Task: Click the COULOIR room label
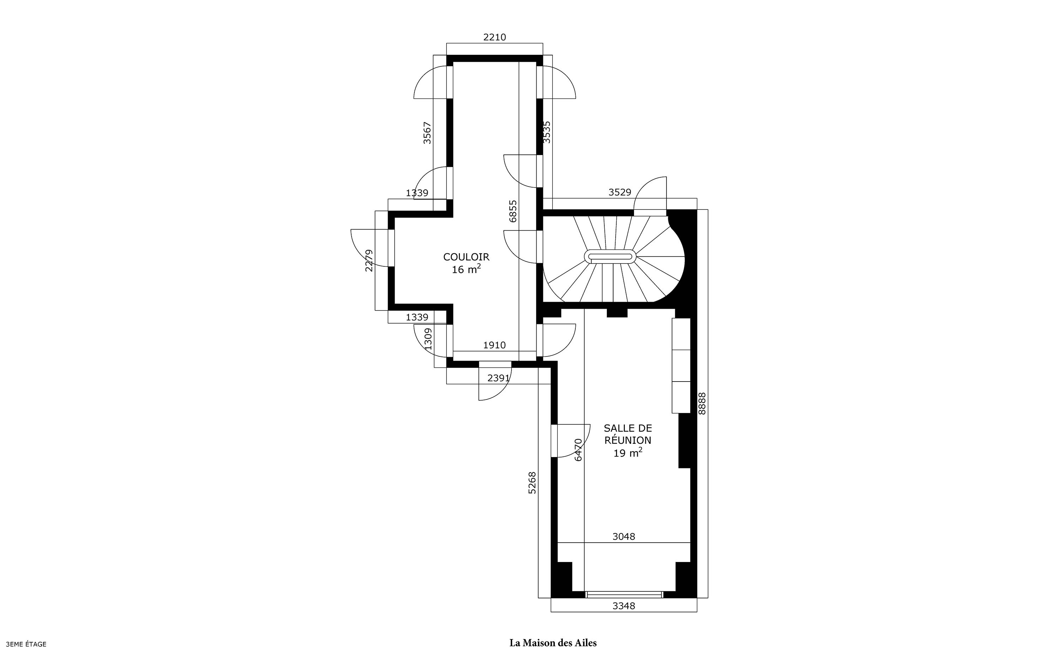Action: (466, 257)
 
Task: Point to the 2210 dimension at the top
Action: (495, 37)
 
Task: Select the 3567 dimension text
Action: (427, 133)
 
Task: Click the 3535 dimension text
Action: (547, 132)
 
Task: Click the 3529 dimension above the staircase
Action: (620, 192)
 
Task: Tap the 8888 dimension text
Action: (702, 403)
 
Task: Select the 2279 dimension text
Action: (370, 260)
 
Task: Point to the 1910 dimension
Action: (494, 345)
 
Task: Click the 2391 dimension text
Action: (499, 378)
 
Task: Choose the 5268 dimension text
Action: (532, 483)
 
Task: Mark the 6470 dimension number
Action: (578, 450)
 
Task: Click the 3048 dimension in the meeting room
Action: (624, 536)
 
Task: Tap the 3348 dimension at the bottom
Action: (624, 606)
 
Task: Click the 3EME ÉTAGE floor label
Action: (26, 644)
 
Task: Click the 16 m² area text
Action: (466, 269)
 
